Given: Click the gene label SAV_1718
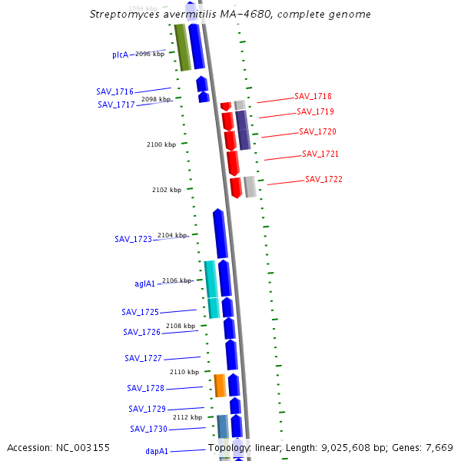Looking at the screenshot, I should click(313, 97).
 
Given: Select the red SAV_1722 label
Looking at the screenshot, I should click(323, 180).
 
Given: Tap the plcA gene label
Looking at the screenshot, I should click(120, 55).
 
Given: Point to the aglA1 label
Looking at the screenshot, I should click(145, 284).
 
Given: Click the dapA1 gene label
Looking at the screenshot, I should click(157, 452).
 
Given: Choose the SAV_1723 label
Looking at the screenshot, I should click(134, 240).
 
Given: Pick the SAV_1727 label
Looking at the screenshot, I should click(144, 359).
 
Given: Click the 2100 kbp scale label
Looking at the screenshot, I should click(161, 144).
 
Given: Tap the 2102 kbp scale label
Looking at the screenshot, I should click(167, 190).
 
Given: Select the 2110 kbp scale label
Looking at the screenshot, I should click(184, 372).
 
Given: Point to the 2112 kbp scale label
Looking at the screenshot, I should click(187, 417).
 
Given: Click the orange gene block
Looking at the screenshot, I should click(220, 386).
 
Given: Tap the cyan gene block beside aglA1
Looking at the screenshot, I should click(211, 289).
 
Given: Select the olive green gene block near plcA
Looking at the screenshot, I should click(182, 48).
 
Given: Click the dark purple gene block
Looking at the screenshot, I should click(243, 130).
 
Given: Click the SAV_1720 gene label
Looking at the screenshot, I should click(317, 132).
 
